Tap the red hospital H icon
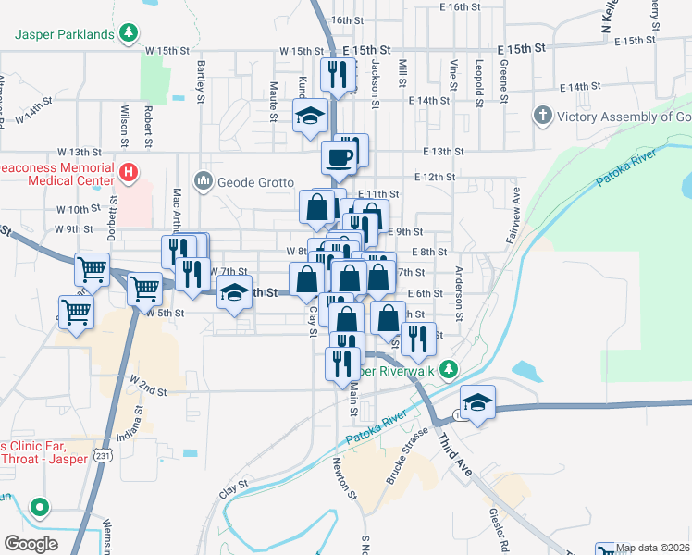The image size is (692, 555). click(x=129, y=172)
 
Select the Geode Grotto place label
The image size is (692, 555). click(x=255, y=181)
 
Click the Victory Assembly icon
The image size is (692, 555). click(x=542, y=117)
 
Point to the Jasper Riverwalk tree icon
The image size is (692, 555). click(x=449, y=370)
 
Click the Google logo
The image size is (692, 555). click(x=31, y=543)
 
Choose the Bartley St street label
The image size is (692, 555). click(x=202, y=80)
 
